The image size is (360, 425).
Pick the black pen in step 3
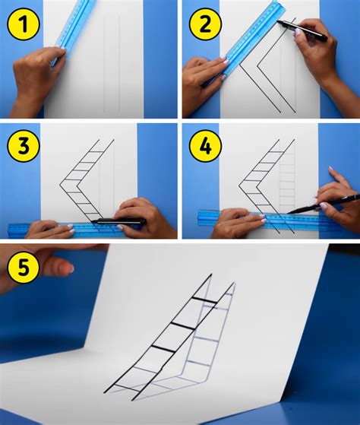point(118,222)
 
